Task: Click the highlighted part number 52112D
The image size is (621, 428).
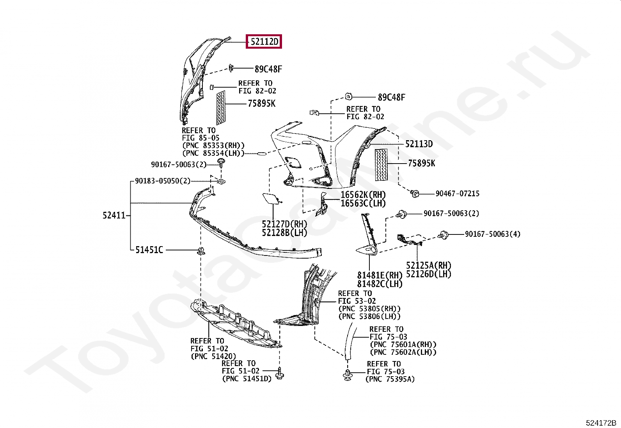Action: (x=264, y=41)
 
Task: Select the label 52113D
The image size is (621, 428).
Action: (x=419, y=144)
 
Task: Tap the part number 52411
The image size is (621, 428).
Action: (x=114, y=215)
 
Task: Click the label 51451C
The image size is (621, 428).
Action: (x=149, y=250)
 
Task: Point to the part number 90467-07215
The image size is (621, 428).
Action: (x=457, y=194)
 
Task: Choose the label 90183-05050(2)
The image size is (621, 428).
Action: (x=163, y=181)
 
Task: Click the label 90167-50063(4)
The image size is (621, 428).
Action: (x=492, y=234)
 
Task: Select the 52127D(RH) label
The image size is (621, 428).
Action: (x=284, y=224)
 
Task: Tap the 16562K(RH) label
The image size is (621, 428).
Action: (x=363, y=195)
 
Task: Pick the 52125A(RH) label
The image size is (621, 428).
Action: (x=428, y=266)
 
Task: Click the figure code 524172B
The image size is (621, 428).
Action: (x=600, y=423)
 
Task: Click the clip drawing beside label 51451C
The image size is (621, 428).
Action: (x=201, y=251)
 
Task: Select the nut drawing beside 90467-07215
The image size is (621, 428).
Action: (x=415, y=193)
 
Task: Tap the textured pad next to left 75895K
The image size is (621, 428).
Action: (x=221, y=107)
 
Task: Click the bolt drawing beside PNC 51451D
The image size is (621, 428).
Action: (x=279, y=373)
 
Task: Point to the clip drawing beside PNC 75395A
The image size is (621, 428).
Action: (x=347, y=375)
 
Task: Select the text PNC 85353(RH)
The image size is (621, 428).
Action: (x=213, y=146)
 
